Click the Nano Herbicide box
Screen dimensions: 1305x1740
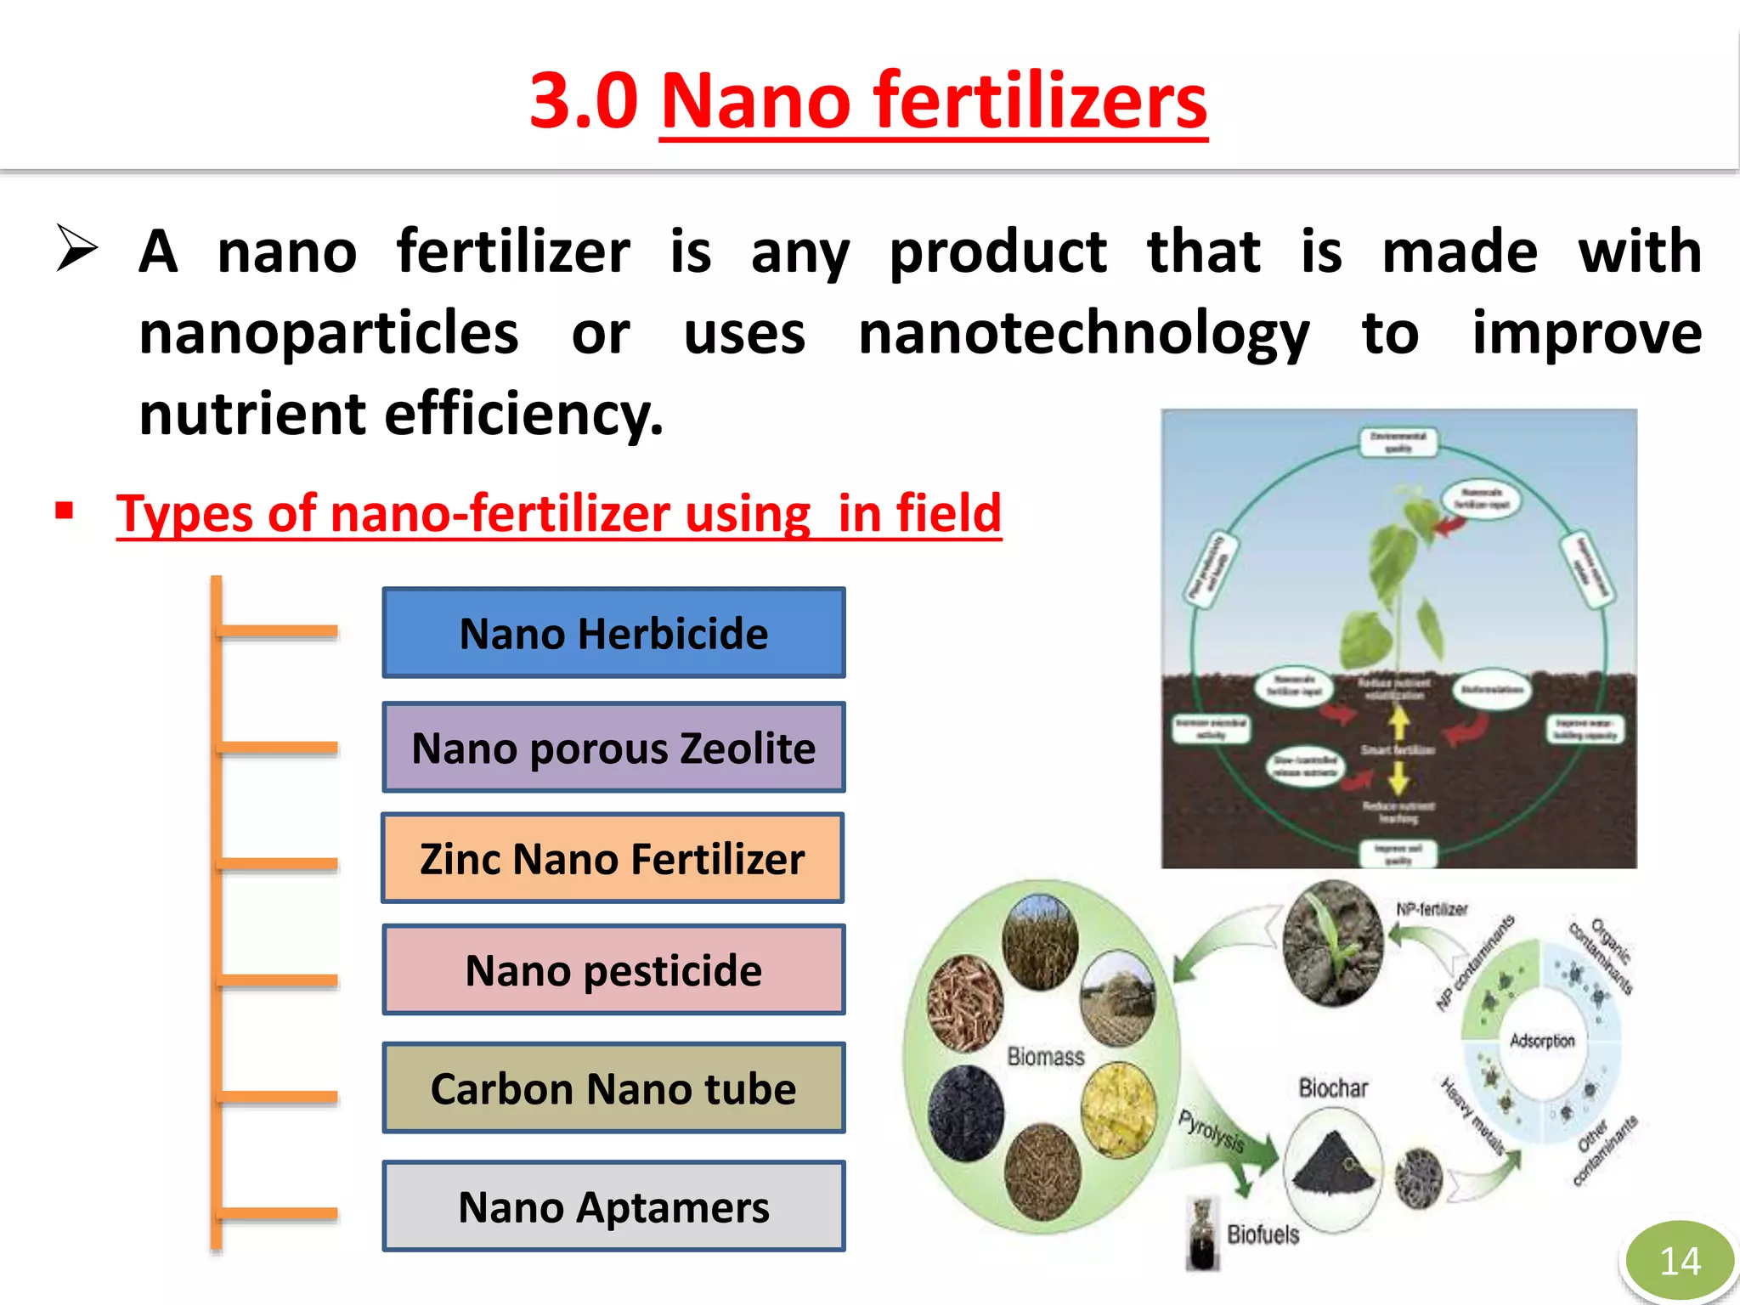point(613,633)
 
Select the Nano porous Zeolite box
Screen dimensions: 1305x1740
point(613,748)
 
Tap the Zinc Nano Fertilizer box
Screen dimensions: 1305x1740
point(613,858)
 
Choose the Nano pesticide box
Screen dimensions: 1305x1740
point(613,970)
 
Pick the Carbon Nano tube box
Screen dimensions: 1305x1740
point(613,1088)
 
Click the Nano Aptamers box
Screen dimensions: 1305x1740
point(613,1206)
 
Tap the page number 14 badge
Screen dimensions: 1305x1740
point(1680,1261)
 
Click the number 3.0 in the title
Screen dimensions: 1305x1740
point(584,100)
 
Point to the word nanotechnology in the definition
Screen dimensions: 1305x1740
point(1083,333)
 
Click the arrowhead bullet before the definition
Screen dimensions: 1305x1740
point(77,248)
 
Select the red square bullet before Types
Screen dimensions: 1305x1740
point(65,511)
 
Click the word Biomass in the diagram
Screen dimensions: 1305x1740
point(1046,1056)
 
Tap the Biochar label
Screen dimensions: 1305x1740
point(1333,1088)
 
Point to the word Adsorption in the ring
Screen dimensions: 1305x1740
point(1542,1041)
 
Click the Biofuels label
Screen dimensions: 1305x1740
point(1263,1234)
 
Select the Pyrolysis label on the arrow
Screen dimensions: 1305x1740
point(1212,1131)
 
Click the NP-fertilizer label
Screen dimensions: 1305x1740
point(1432,909)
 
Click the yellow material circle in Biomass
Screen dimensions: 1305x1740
point(1118,1109)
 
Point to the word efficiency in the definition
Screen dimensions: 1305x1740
point(523,415)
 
